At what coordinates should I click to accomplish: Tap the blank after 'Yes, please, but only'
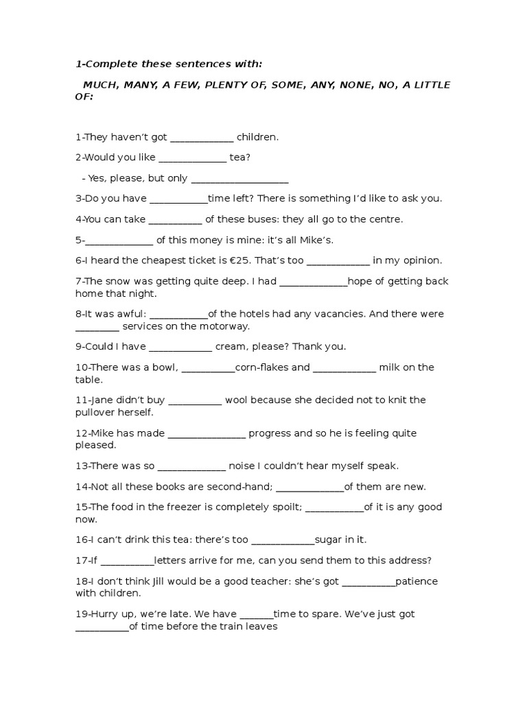[x=239, y=178]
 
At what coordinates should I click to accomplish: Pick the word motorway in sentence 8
[x=225, y=326]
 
